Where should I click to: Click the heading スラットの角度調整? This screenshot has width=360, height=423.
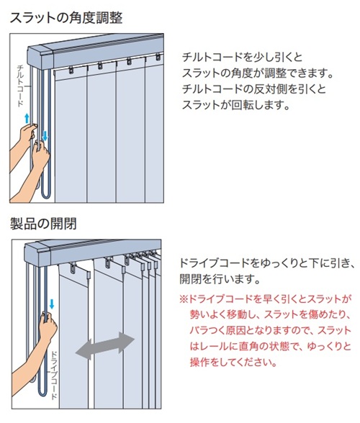pyautogui.click(x=66, y=18)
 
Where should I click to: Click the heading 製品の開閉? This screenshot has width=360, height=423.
pyautogui.click(x=43, y=224)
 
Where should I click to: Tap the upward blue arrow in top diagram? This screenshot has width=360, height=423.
pyautogui.click(x=27, y=118)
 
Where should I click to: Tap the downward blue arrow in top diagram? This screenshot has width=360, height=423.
pyautogui.click(x=45, y=136)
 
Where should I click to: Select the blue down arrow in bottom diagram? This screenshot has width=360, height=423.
pyautogui.click(x=52, y=304)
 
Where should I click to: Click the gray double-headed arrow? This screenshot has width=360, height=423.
pyautogui.click(x=105, y=345)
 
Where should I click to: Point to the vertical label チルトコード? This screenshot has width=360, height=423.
pyautogui.click(x=21, y=86)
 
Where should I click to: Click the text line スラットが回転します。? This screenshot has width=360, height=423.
pyautogui.click(x=235, y=105)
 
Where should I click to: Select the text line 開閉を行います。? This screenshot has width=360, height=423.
pyautogui.click(x=220, y=278)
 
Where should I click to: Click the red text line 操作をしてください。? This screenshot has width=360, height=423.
pyautogui.click(x=233, y=362)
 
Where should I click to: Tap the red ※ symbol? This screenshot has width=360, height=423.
pyautogui.click(x=184, y=299)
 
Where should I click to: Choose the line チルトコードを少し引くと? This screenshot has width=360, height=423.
pyautogui.click(x=242, y=58)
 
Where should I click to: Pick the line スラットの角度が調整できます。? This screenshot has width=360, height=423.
pyautogui.click(x=257, y=73)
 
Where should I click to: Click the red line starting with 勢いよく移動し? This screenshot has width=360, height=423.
pyautogui.click(x=270, y=314)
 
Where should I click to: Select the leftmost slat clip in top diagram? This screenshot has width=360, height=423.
pyautogui.click(x=71, y=70)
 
